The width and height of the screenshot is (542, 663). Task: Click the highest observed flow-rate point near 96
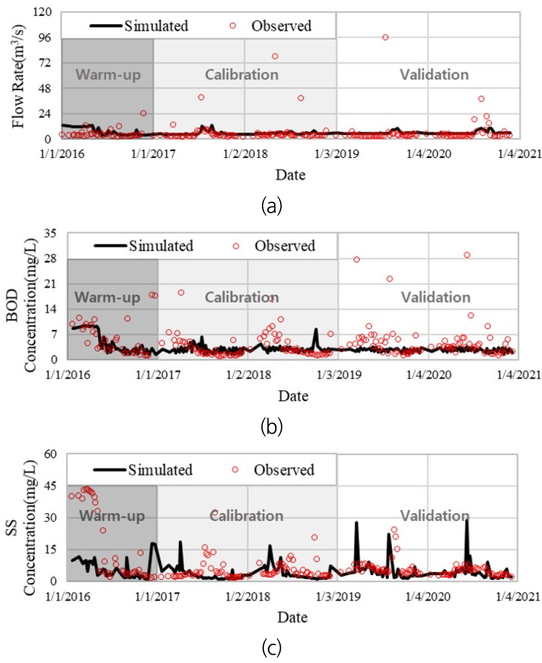coord(385,37)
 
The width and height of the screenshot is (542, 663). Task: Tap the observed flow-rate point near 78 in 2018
coord(275,56)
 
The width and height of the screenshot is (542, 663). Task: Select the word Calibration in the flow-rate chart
coord(241,75)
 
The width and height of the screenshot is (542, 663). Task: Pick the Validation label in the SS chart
coord(435,515)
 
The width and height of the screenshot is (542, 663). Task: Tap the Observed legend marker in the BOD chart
coord(236,246)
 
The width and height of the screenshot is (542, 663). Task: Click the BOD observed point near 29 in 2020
coord(467,255)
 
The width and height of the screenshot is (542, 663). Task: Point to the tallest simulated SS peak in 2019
coord(356,523)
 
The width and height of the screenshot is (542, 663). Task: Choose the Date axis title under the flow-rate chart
coord(290,176)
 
